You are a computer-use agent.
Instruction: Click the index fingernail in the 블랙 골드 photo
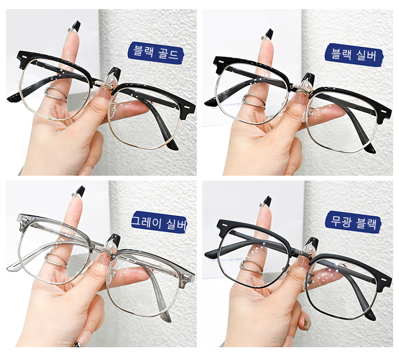click(x=76, y=26)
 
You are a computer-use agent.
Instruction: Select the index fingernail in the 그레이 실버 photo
click(x=80, y=191)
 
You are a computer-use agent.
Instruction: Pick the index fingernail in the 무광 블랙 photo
click(x=267, y=202)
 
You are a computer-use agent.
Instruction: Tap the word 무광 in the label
click(x=342, y=222)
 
